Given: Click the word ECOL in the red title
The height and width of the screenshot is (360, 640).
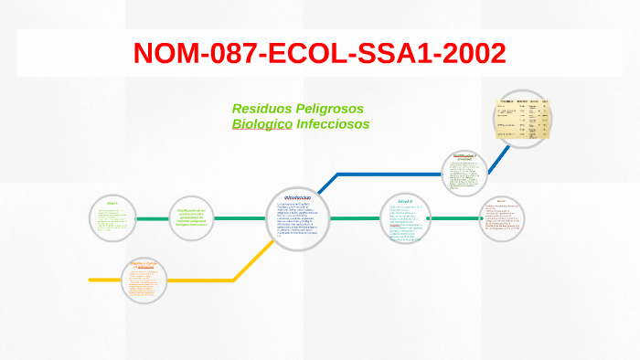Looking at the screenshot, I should click(x=296, y=53).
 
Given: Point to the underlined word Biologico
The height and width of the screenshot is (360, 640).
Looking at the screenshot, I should click(x=261, y=124).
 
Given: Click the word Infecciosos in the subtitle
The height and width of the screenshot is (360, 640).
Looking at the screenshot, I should click(x=333, y=124).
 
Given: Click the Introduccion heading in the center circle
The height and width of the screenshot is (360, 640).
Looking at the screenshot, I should click(x=298, y=197).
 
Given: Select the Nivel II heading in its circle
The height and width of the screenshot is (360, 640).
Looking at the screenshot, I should click(x=405, y=199).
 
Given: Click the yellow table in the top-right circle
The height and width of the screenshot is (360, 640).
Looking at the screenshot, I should click(x=523, y=117).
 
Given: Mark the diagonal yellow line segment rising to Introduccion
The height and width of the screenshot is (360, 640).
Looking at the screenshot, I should click(x=255, y=259).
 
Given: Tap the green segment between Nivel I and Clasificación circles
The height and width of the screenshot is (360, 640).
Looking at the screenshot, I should click(x=153, y=218).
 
